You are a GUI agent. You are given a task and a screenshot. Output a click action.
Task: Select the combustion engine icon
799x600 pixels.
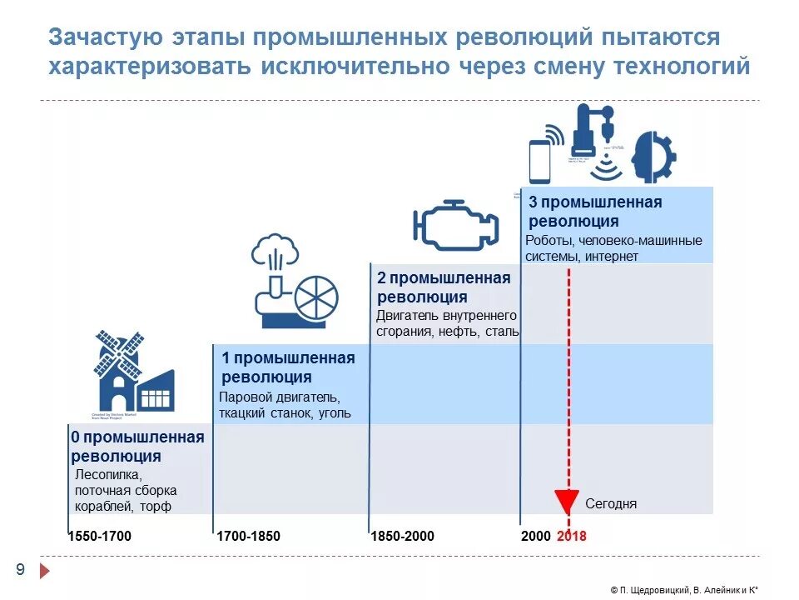(x=456, y=225)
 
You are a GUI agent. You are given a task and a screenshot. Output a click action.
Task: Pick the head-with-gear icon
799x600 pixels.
(x=654, y=157)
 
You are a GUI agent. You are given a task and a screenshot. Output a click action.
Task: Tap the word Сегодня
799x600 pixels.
(x=611, y=503)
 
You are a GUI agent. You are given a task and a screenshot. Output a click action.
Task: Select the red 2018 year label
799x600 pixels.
(x=572, y=536)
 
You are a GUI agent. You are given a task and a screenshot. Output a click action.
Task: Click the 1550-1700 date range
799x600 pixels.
(x=100, y=536)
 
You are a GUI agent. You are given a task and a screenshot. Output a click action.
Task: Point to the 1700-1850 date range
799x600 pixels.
(x=248, y=536)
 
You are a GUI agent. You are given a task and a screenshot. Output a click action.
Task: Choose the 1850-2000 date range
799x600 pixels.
(x=402, y=536)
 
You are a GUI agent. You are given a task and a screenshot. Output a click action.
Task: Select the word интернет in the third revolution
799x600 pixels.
(x=612, y=257)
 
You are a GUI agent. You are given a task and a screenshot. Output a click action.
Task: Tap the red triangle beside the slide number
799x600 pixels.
(x=46, y=571)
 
